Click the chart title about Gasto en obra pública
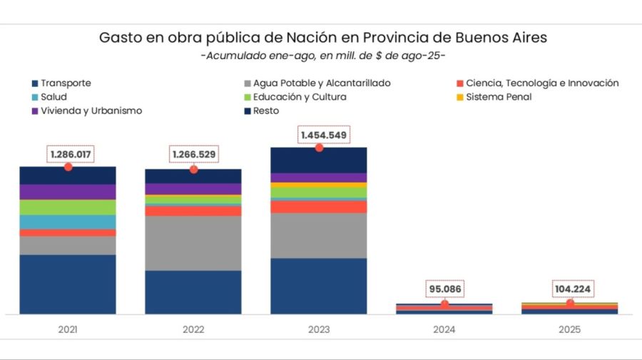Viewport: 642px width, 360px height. click(x=323, y=38)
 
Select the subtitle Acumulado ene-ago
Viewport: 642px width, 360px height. click(x=323, y=56)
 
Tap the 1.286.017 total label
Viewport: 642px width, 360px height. click(x=71, y=154)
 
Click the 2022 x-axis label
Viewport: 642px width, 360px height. click(x=193, y=330)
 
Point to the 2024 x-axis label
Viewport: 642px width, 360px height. click(x=444, y=330)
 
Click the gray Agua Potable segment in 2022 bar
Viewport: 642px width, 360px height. click(x=193, y=243)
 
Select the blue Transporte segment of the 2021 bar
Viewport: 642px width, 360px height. click(x=68, y=284)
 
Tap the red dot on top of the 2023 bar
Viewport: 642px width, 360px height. click(x=319, y=148)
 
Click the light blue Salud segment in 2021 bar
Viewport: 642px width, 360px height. click(x=68, y=222)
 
